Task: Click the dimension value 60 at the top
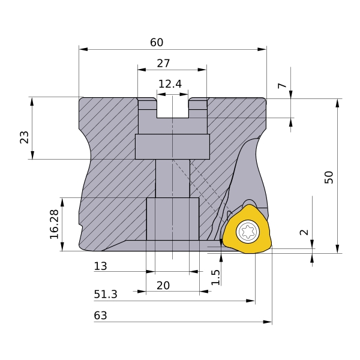tap(157, 43)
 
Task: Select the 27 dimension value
tap(163, 63)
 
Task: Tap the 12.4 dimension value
tap(170, 84)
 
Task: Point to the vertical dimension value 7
tap(282, 86)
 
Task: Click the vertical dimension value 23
tap(25, 137)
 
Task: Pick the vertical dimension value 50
tap(328, 177)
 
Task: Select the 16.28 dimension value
tap(55, 224)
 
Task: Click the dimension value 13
tap(100, 266)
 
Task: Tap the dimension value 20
tap(163, 286)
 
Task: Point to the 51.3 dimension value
tap(106, 295)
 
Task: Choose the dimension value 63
tap(100, 316)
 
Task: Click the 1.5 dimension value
tap(216, 276)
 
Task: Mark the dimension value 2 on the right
tap(304, 232)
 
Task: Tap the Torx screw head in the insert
tap(247, 232)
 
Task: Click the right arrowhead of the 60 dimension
tap(263, 49)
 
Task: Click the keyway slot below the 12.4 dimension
tap(172, 109)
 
